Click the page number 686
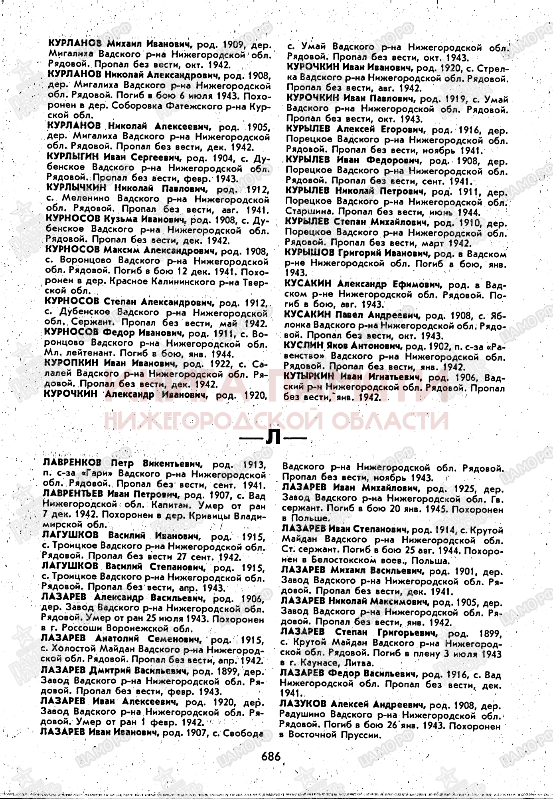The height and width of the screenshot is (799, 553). point(271,756)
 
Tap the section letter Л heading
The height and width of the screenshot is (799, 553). point(273,439)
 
